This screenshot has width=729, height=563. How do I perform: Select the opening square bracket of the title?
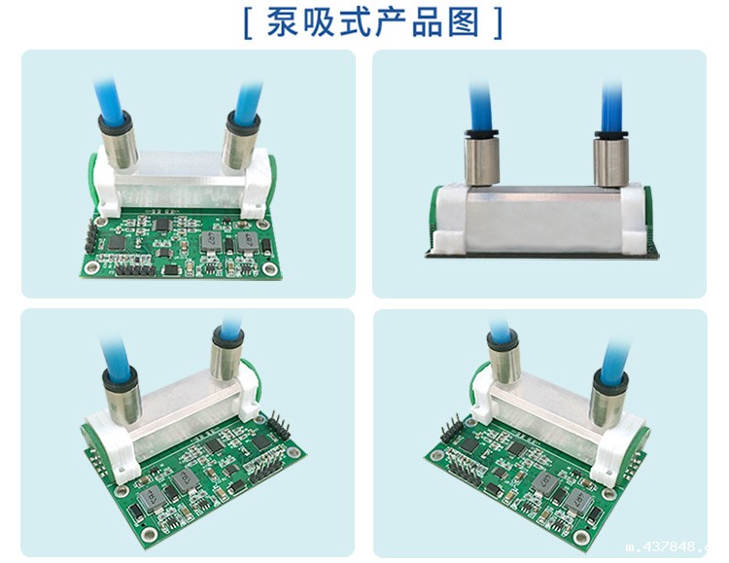[x=250, y=21]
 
